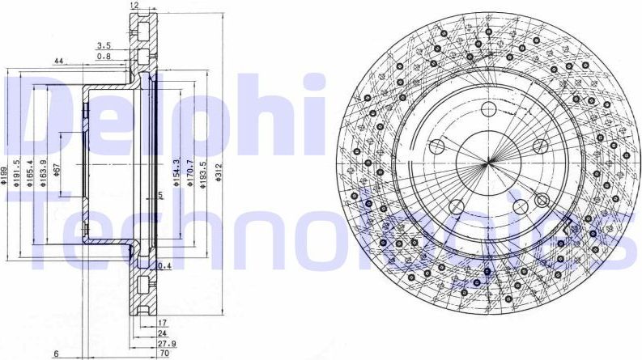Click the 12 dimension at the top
click(x=134, y=5)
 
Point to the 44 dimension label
click(x=59, y=61)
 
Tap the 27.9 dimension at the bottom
click(x=164, y=343)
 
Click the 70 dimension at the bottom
click(x=164, y=354)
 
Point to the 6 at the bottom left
click(x=56, y=354)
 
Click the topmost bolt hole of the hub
click(x=489, y=111)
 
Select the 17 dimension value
click(x=162, y=322)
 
